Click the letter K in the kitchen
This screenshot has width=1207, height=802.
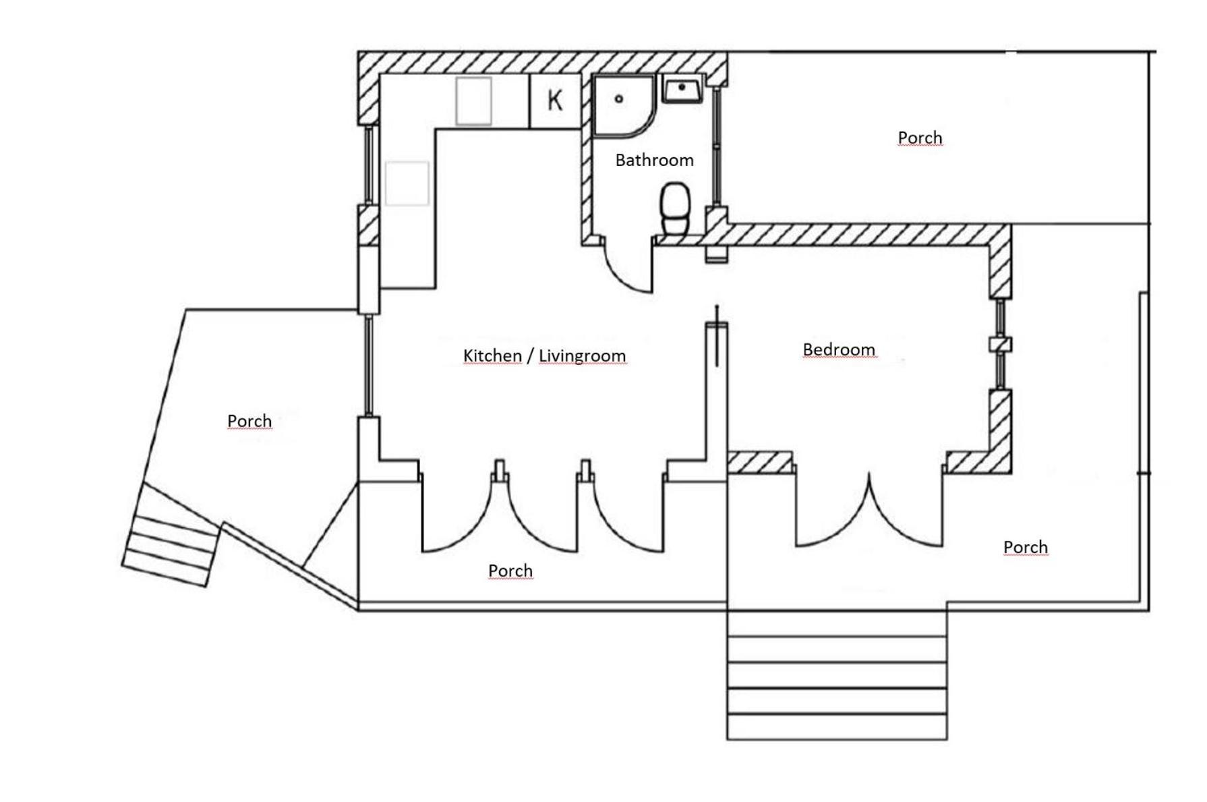pos(554,100)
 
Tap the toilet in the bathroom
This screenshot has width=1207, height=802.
pos(675,209)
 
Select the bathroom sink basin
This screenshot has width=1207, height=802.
pos(682,89)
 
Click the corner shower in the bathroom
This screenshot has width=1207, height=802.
pos(624,106)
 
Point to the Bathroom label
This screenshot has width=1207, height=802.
pos(654,160)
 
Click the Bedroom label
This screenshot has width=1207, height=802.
pos(839,349)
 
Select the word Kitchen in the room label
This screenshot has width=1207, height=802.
pos(492,355)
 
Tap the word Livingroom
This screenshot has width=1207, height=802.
pos(582,355)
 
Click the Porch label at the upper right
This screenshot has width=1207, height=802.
pos(920,138)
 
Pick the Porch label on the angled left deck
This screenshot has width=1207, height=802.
pos(249,421)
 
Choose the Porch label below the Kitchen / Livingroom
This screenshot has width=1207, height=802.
pos(510,571)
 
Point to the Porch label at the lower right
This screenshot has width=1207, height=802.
pos(1026,547)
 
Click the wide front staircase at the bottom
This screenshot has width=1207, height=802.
pos(837,675)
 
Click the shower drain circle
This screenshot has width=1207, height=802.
pos(618,99)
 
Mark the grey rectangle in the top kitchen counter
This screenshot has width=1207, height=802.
pos(473,101)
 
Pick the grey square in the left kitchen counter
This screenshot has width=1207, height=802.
pos(407,183)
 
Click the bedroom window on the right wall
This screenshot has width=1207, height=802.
pos(1001,345)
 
